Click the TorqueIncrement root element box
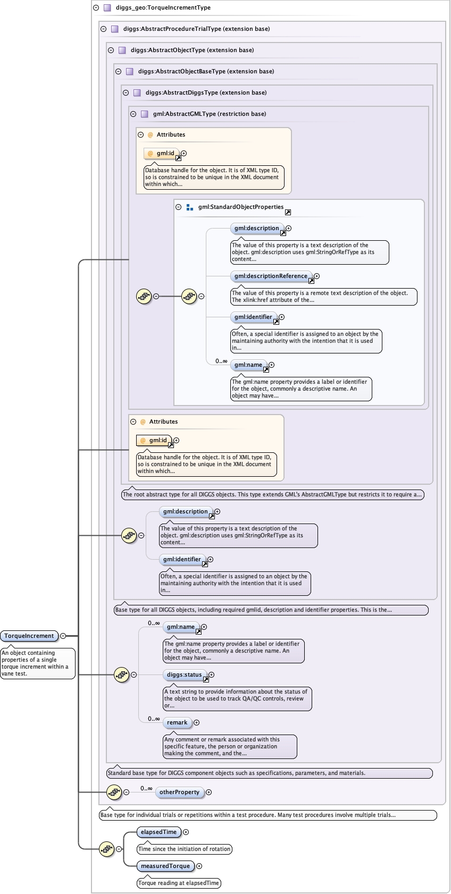pyautogui.click(x=29, y=636)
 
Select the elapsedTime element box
pyautogui.click(x=158, y=832)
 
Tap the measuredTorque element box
pyautogui.click(x=165, y=866)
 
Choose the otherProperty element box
pyautogui.click(x=179, y=792)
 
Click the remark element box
pyautogui.click(x=177, y=722)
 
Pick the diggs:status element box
pyautogui.click(x=185, y=674)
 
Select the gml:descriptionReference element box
pyautogui.click(x=271, y=276)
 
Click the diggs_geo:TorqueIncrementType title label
pyautogui.click(x=163, y=7)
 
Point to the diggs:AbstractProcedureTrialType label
pyautogui.click(x=196, y=29)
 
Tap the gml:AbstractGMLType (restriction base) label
pyautogui.click(x=210, y=114)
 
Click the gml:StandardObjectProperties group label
pyautogui.click(x=241, y=207)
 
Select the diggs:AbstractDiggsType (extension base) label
pyautogui.click(x=206, y=92)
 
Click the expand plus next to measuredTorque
pyautogui.click(x=199, y=866)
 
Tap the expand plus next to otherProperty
pyautogui.click(x=208, y=792)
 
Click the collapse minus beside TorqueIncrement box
pyautogui.click(x=63, y=636)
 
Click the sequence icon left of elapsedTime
pyautogui.click(x=107, y=849)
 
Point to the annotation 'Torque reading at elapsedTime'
pyautogui.click(x=179, y=883)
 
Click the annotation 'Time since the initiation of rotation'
pyautogui.click(x=185, y=849)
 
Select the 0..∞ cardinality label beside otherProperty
pyautogui.click(x=146, y=788)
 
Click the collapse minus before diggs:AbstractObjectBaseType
pyautogui.click(x=119, y=71)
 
